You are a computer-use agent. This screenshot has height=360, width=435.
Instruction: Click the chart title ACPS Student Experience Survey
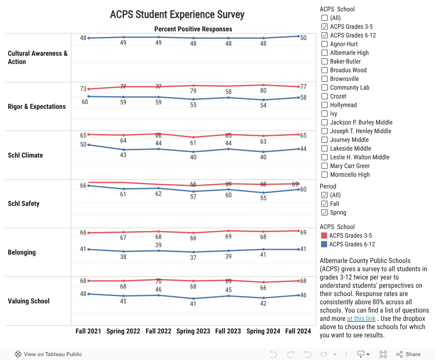[x=177, y=15]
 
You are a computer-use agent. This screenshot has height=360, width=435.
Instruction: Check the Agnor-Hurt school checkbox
[x=325, y=44]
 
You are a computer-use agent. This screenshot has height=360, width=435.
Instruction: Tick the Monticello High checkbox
[x=325, y=175]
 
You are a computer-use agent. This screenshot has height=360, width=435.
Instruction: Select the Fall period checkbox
[x=325, y=204]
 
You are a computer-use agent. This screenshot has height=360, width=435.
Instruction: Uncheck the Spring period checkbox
[x=325, y=212]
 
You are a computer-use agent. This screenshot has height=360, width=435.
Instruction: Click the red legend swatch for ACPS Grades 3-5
[x=324, y=236]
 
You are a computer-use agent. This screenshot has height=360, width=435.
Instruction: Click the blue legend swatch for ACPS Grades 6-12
[x=324, y=244]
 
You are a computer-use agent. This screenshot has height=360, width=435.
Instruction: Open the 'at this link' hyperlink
[x=361, y=319]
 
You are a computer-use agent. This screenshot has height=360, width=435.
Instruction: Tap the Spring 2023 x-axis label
[x=193, y=331]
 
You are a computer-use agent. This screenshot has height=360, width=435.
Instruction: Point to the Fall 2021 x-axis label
[x=88, y=331]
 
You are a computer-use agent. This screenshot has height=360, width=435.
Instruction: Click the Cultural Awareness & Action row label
[x=37, y=57]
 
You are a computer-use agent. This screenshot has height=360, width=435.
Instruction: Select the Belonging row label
[x=22, y=252]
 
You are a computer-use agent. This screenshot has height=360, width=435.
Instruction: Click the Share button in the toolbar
[x=408, y=354]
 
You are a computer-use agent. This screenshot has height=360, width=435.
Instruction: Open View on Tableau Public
[x=48, y=354]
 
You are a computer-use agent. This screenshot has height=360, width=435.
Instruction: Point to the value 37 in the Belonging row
[x=193, y=258]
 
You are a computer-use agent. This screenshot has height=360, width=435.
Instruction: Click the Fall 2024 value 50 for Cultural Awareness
[x=303, y=38]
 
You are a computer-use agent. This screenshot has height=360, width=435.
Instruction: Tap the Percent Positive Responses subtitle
[x=193, y=29]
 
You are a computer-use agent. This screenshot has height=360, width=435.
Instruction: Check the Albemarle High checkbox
[x=325, y=53]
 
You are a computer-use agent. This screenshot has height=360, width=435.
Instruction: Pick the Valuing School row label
[x=29, y=301]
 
